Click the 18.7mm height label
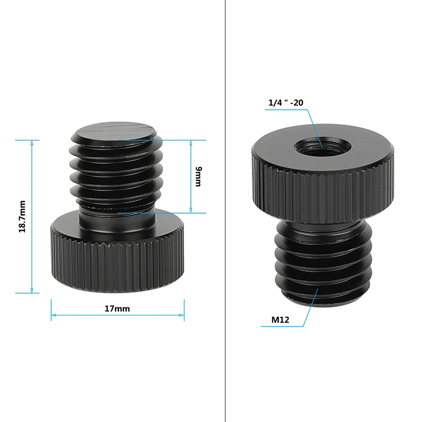tap(23, 216)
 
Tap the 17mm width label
tap(117, 309)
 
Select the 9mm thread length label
tap(198, 176)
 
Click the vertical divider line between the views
tap(225, 211)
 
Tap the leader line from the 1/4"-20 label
tap(316, 127)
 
